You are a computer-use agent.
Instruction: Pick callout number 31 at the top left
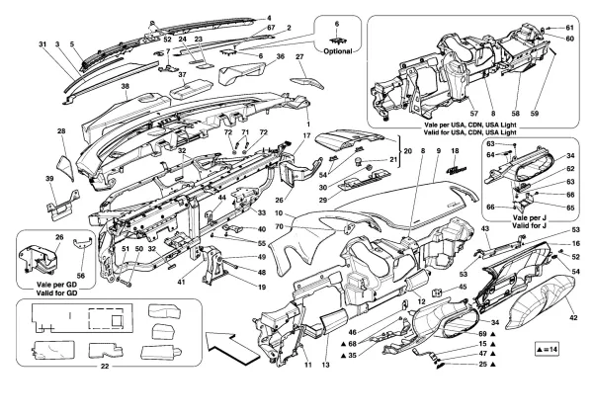coord(42,45)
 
